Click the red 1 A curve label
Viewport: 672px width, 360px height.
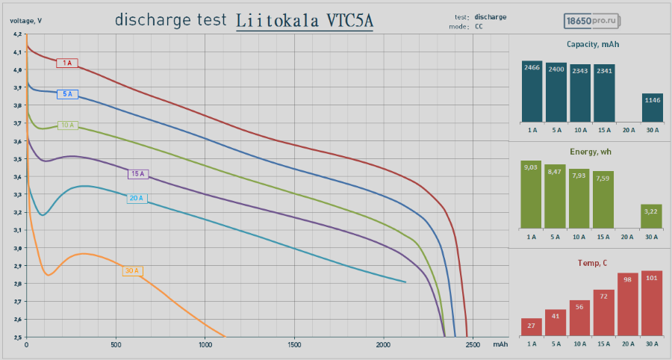(x=67, y=63)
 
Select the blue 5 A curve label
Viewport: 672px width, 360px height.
(x=67, y=94)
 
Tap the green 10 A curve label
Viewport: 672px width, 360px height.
(x=67, y=125)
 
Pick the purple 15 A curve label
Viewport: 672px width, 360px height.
(x=137, y=174)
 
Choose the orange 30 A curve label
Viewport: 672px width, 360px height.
(x=132, y=270)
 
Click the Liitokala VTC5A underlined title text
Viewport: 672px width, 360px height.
(x=305, y=21)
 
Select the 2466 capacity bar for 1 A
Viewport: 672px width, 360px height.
(x=532, y=91)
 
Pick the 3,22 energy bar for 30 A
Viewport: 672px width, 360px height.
(x=651, y=216)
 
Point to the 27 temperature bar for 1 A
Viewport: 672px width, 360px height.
(x=532, y=326)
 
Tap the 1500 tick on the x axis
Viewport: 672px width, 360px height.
(x=293, y=345)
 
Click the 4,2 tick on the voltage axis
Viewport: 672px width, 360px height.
(x=16, y=34)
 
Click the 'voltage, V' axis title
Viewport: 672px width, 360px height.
(x=25, y=20)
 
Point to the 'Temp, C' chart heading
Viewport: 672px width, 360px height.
(x=592, y=263)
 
